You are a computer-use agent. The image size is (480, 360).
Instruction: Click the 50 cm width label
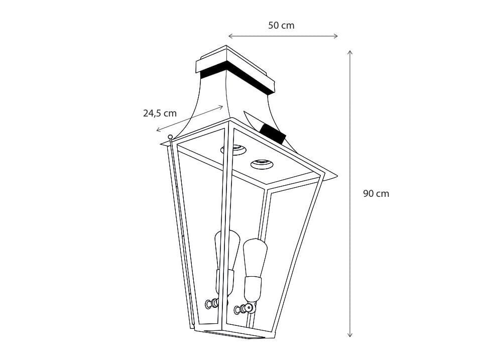click(x=281, y=25)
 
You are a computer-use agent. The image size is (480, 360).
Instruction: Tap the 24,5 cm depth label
click(x=160, y=113)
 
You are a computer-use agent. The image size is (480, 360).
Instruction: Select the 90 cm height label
click(x=376, y=194)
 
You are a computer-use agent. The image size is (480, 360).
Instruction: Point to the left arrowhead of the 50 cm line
click(x=230, y=36)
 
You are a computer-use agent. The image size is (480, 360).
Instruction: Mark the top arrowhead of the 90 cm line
click(x=350, y=52)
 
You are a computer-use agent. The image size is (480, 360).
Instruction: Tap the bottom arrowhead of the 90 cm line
click(x=350, y=335)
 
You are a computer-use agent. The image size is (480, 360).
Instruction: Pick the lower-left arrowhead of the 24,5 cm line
click(x=158, y=131)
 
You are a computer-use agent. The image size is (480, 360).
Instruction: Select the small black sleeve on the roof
click(x=273, y=133)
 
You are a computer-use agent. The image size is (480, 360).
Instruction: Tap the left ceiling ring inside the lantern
click(x=233, y=149)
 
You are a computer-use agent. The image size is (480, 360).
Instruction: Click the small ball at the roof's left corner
click(x=170, y=137)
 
